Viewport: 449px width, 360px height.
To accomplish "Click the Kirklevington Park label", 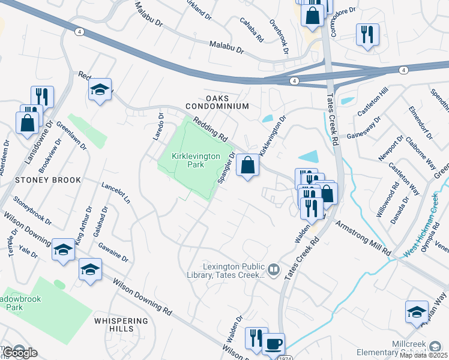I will (188, 161).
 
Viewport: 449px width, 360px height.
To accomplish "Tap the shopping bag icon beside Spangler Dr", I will (247, 164).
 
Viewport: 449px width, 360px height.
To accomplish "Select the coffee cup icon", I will (274, 344).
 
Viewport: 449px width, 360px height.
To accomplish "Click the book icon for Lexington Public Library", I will (274, 270).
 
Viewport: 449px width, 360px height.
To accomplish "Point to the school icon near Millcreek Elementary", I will (417, 312).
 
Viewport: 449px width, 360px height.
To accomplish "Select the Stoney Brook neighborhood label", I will (40, 180).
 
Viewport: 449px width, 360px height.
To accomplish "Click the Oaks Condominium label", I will (217, 102).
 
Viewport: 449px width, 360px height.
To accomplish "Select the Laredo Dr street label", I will (157, 127).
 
